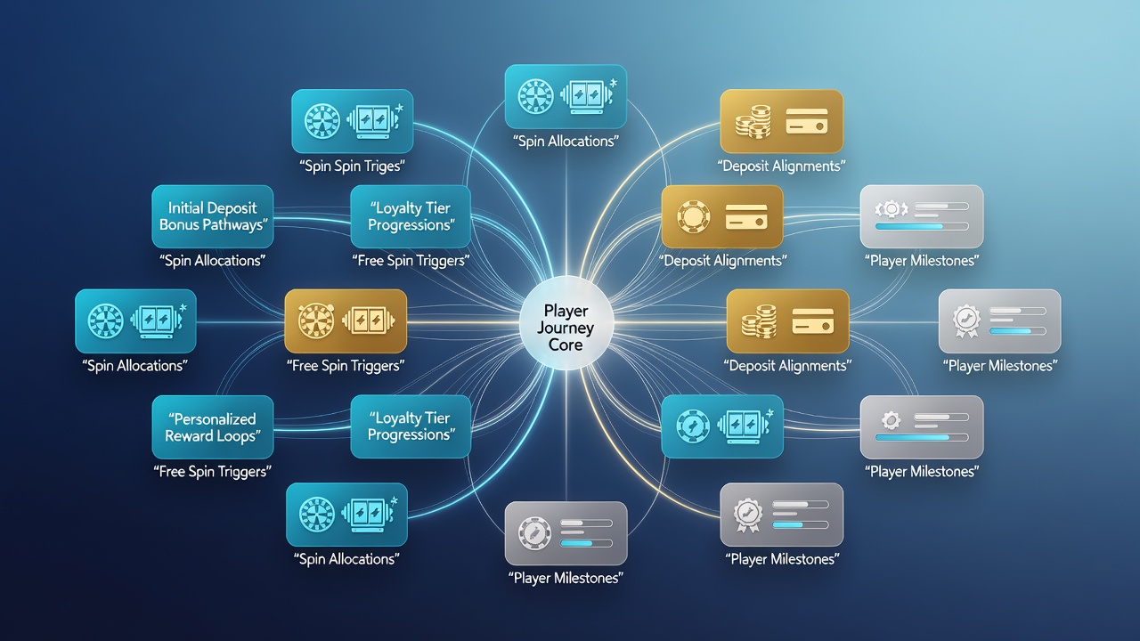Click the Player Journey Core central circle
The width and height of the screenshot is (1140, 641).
[x=566, y=322]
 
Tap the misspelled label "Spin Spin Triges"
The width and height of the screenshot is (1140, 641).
[x=352, y=166]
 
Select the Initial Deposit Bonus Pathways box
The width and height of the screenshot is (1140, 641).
[x=213, y=216]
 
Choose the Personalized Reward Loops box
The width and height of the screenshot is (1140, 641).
[x=213, y=427]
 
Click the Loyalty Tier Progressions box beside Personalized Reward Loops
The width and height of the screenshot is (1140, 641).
[x=411, y=426]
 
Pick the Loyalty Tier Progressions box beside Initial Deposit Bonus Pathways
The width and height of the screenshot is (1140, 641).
[x=411, y=216]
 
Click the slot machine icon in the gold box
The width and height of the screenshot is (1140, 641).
[x=369, y=320]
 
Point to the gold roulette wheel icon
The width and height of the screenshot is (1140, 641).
[x=316, y=320]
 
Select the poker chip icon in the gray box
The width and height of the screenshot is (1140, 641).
[x=534, y=532]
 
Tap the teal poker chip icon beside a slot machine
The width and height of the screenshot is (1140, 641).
[x=693, y=426]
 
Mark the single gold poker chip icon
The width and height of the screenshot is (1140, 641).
[x=693, y=216]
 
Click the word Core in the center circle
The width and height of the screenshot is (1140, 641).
[x=566, y=345]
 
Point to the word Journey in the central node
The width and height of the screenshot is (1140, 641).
[x=566, y=329]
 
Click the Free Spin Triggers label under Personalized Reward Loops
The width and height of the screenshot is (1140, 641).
[x=212, y=471]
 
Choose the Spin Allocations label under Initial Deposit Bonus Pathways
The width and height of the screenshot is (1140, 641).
[x=212, y=261]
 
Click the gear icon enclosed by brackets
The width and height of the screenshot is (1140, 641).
[x=892, y=208]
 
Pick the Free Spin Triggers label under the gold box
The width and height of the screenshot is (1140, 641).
[x=346, y=365]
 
